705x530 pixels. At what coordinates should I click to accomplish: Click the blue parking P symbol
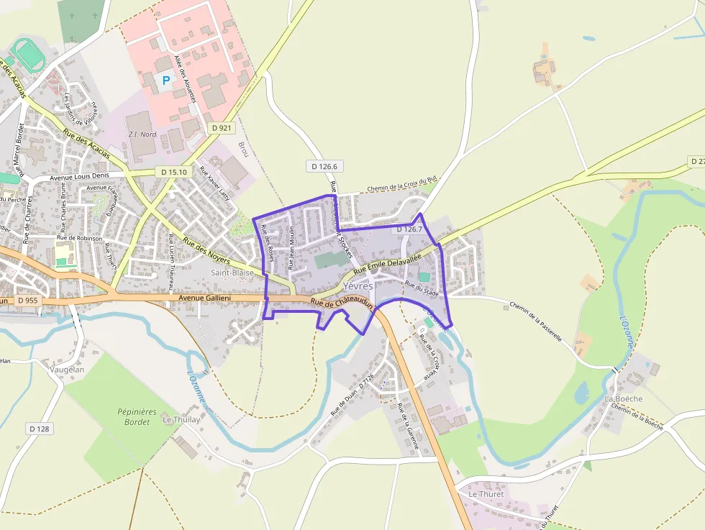pos(167,81)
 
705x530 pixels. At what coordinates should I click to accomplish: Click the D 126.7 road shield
pos(408,229)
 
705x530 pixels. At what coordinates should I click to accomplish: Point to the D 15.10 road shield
pos(173,172)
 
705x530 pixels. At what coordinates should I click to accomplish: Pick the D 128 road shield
pos(40,429)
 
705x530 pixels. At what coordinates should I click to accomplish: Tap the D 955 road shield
pos(27,300)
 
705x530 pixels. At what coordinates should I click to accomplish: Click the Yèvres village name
pos(359,286)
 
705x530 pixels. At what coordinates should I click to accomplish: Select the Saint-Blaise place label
pos(232,273)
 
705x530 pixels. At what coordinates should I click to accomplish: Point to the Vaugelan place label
pos(67,370)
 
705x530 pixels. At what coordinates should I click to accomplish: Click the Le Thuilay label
pos(181,419)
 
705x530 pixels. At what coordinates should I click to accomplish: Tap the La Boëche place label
pos(623,398)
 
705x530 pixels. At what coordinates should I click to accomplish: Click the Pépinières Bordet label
pos(137,416)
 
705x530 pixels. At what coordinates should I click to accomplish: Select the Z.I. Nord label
pos(141,134)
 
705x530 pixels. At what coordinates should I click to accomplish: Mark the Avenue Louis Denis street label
pos(79,175)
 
